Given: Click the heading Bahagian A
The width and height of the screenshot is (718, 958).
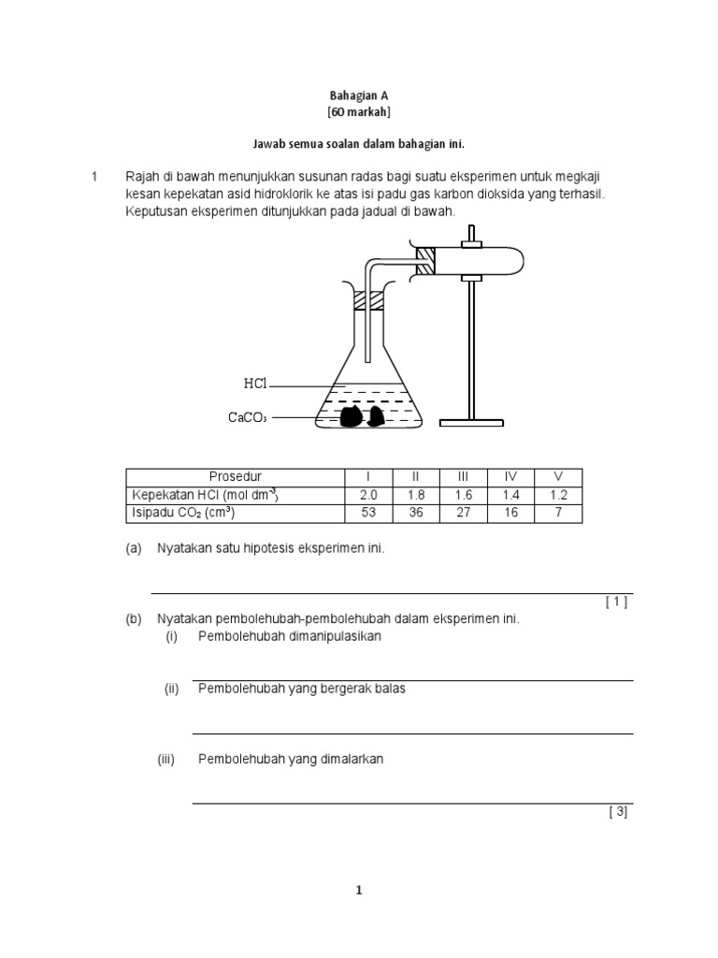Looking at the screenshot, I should click(x=358, y=94).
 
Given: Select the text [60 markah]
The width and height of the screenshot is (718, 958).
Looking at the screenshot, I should click(x=358, y=112).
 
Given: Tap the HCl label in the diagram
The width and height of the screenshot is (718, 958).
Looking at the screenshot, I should click(x=256, y=385).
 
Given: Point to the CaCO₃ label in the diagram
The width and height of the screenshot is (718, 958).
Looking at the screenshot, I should click(x=248, y=417).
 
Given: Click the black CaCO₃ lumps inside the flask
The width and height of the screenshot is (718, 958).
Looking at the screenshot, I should click(x=360, y=416).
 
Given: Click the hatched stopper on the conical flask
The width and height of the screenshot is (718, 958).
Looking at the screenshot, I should click(x=368, y=301).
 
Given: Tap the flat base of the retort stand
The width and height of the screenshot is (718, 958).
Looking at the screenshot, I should click(x=473, y=423).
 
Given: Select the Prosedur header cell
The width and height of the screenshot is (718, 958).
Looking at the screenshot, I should click(x=236, y=476).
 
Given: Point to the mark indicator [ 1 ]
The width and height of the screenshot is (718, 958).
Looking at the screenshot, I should click(x=615, y=602).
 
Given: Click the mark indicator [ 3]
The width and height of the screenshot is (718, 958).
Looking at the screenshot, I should click(x=617, y=812).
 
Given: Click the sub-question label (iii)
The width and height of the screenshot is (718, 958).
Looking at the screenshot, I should click(x=167, y=760).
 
